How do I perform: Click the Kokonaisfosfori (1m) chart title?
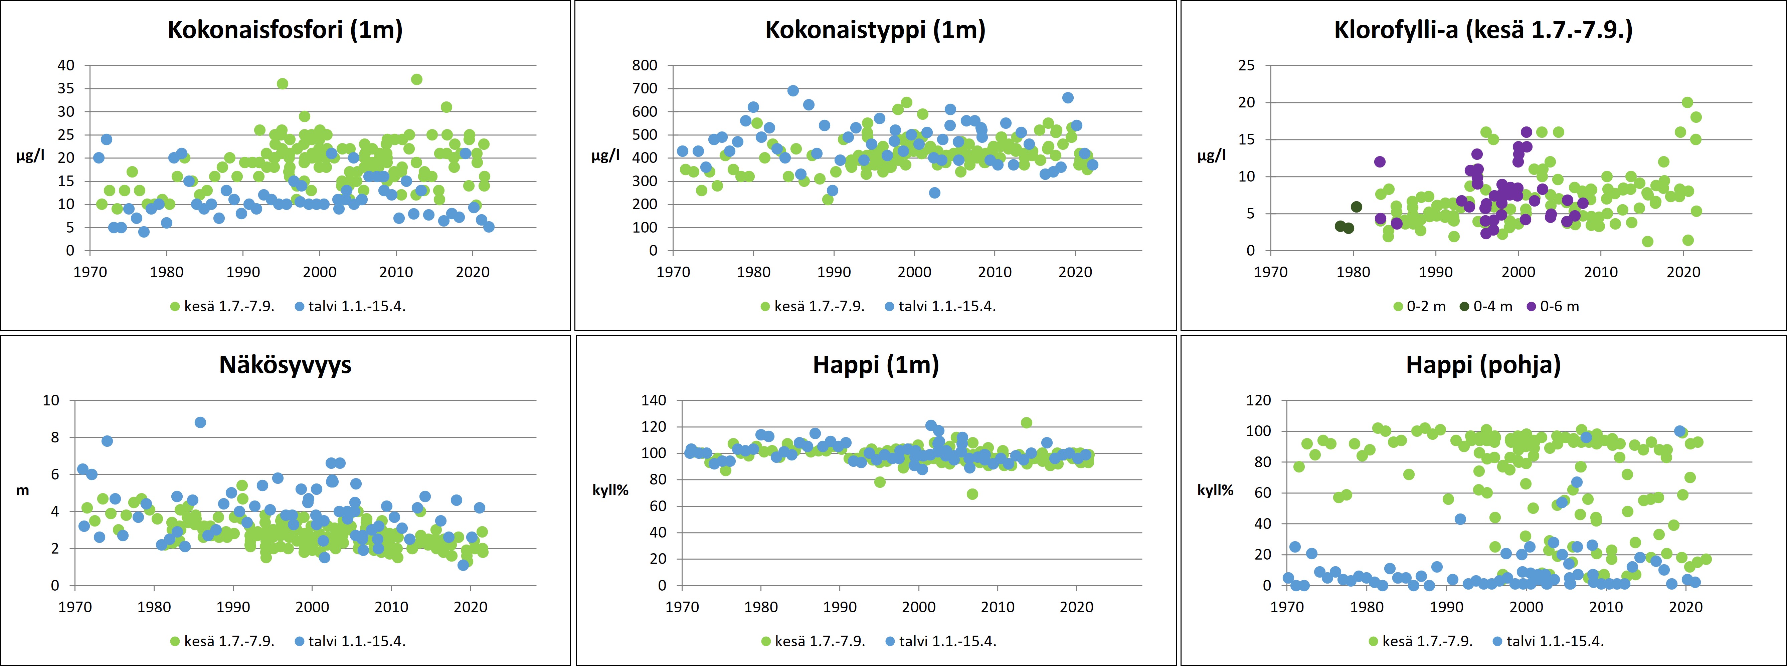point(285,30)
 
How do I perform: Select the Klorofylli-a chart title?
point(1483,30)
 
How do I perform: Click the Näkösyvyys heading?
point(285,365)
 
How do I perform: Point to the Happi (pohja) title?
point(1483,365)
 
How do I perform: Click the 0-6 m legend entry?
point(1554,306)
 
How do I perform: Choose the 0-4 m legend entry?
point(1487,306)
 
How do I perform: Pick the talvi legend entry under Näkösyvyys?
point(350,641)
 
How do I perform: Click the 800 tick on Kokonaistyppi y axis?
point(645,65)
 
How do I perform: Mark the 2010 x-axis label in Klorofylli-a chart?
point(1600,272)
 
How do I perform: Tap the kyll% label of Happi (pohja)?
point(1215,491)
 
